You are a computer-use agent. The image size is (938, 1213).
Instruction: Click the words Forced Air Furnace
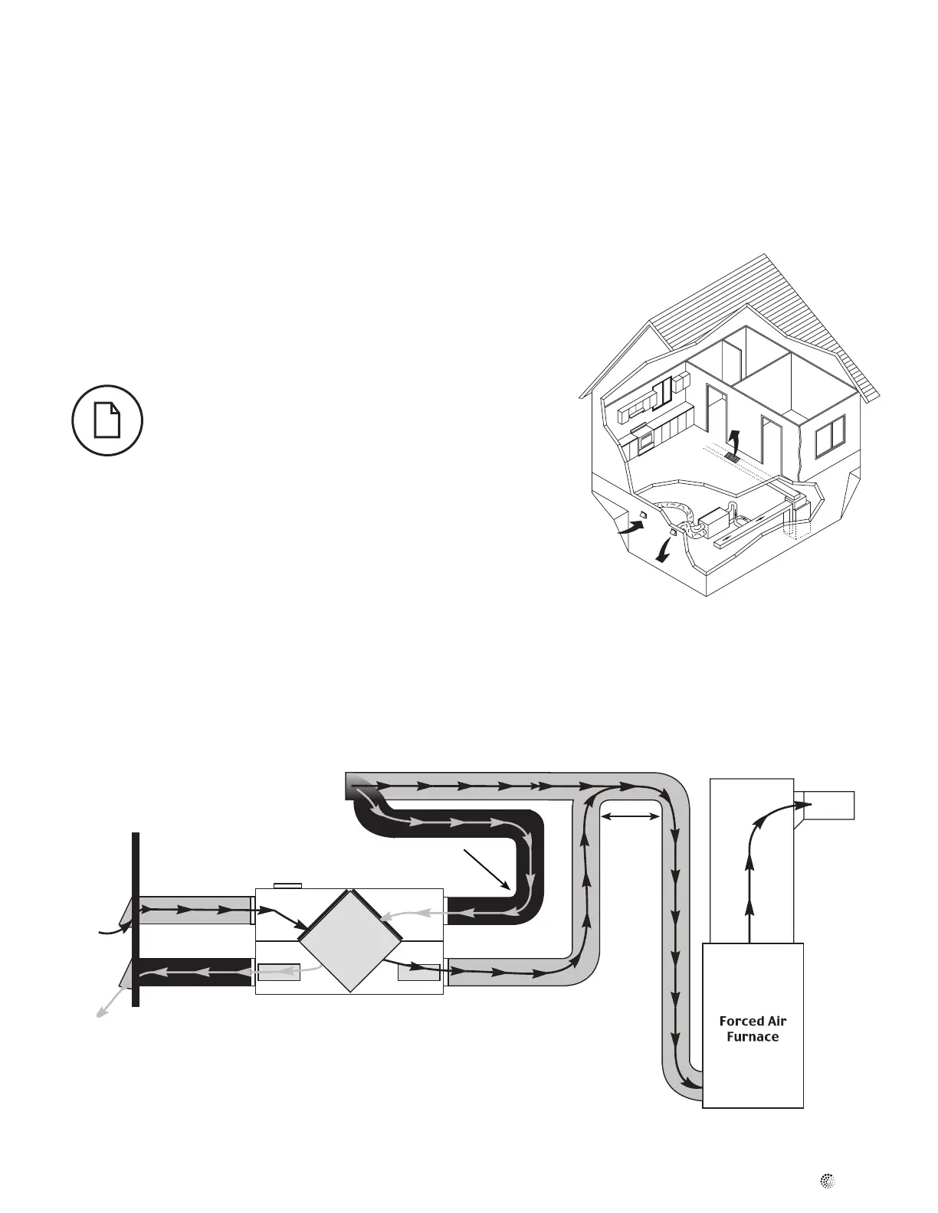click(753, 1028)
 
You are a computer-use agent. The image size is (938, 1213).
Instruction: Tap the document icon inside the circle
click(107, 420)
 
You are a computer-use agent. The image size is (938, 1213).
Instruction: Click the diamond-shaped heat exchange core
click(349, 941)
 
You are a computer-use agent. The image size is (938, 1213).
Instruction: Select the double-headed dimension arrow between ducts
click(630, 818)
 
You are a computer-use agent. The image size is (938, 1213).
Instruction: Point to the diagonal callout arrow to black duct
click(487, 868)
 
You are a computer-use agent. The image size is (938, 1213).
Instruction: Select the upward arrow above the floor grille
click(733, 441)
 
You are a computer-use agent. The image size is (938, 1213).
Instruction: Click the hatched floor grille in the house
click(730, 457)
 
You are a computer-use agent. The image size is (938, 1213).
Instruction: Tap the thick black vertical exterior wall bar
click(135, 919)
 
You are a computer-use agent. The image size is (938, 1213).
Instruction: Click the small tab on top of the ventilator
click(288, 886)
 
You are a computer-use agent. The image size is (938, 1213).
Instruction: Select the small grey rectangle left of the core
click(278, 972)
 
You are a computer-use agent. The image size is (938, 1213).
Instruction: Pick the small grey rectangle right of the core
click(419, 972)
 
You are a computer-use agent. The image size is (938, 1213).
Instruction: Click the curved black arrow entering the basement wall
click(631, 526)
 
